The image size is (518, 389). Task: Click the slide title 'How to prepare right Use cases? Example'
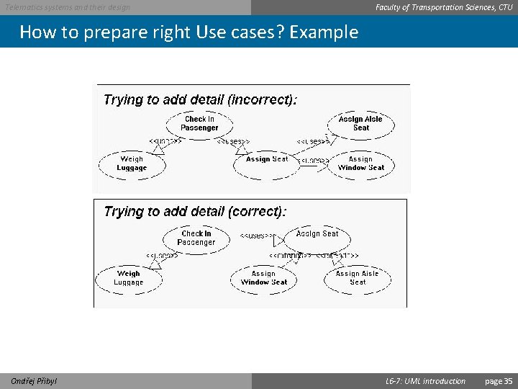point(188,32)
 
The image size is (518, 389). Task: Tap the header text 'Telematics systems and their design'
point(68,7)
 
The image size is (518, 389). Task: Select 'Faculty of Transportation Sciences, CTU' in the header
point(444,7)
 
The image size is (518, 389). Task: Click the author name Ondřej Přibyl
point(34,381)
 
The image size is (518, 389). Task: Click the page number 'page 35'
point(499,381)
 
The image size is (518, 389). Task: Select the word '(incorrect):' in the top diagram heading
point(262,100)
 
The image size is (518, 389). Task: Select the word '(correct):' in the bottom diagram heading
point(256,212)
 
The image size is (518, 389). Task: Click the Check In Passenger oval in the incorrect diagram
point(199,124)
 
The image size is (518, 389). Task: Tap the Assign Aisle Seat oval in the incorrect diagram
point(360,123)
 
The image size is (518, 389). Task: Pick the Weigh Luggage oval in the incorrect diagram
point(132,164)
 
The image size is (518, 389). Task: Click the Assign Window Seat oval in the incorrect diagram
point(360,164)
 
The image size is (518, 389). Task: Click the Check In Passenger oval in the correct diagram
point(196,238)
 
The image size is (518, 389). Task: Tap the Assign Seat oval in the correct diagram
point(317,234)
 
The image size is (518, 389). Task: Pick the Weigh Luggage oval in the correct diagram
point(129,278)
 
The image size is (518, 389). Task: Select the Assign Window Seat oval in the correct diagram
point(264,278)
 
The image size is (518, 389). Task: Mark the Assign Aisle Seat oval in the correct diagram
point(357,278)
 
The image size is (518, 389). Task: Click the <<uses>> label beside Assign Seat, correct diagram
point(256,236)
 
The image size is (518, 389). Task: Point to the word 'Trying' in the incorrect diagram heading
point(124,100)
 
